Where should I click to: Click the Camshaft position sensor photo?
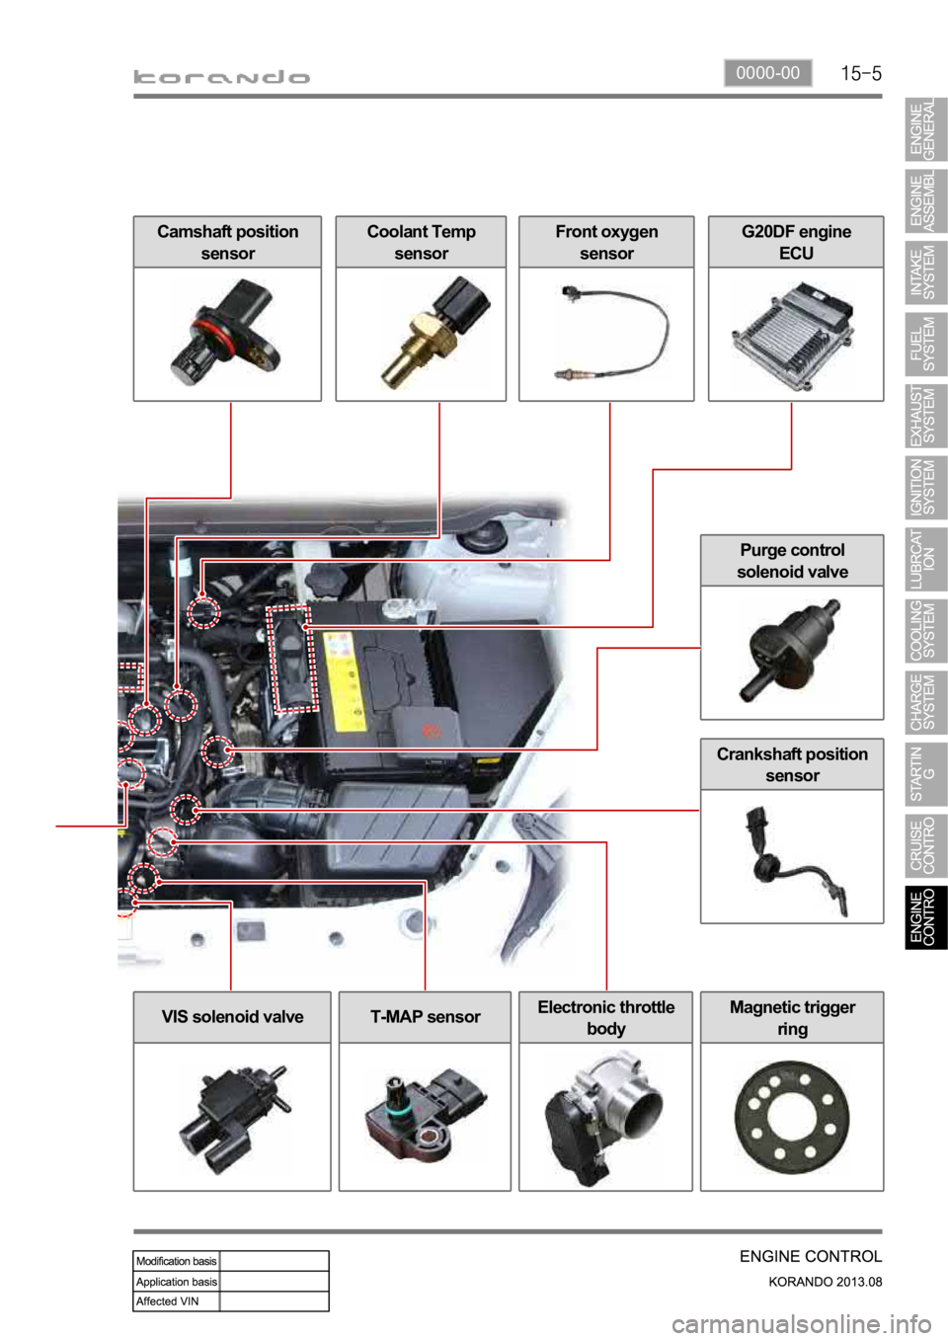(227, 334)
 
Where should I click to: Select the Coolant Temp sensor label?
(421, 242)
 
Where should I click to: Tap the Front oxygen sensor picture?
(606, 334)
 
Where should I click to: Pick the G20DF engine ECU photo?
(796, 334)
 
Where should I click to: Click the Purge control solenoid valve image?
(791, 652)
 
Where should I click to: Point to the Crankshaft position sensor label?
(792, 764)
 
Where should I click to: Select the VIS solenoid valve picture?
(232, 1116)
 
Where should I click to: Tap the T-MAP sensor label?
(425, 1017)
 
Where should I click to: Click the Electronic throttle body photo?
(605, 1116)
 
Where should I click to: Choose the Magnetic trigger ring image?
(791, 1116)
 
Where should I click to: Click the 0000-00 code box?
(767, 73)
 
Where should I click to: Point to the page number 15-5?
(860, 73)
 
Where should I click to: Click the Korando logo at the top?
(222, 77)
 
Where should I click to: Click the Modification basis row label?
(176, 1261)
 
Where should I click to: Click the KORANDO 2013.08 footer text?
(825, 1282)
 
